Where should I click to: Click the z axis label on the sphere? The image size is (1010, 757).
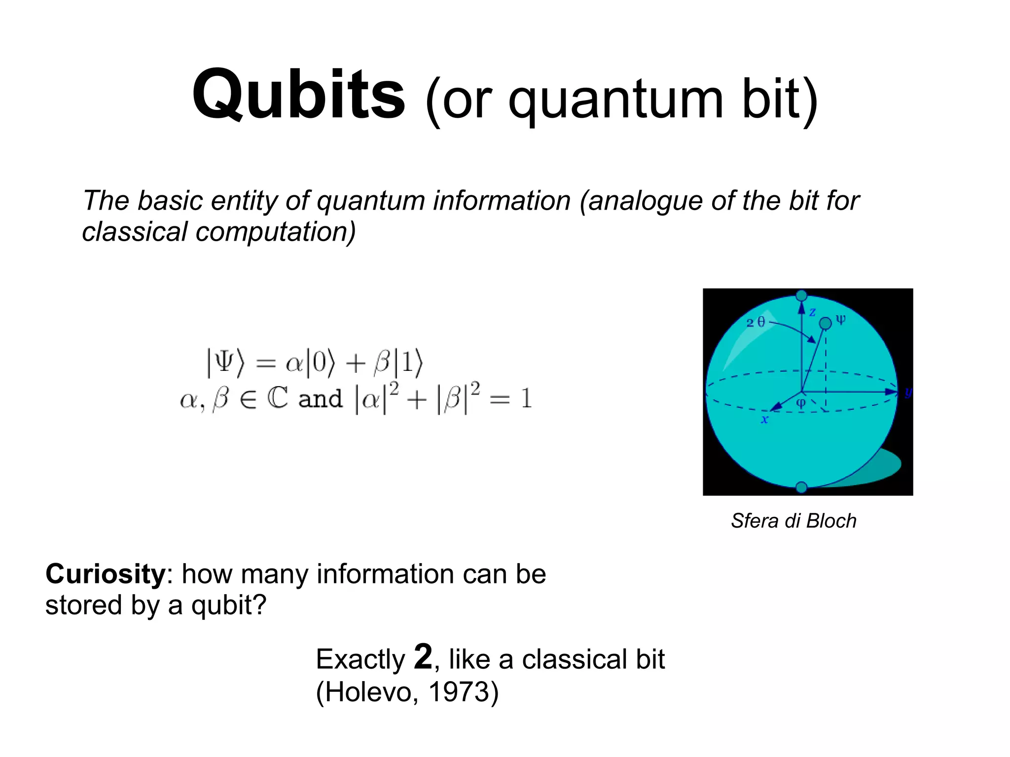coord(812,312)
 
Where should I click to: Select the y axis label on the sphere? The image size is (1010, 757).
coord(908,392)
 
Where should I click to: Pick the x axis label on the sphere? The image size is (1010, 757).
coord(764,419)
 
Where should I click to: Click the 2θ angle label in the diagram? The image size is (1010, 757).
coord(756,323)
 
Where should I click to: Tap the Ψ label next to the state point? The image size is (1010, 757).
coord(841,320)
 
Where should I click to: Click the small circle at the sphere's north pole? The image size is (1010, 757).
coord(801,295)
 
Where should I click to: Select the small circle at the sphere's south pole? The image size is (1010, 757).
coord(801,487)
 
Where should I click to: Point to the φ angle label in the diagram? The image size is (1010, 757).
coord(801,403)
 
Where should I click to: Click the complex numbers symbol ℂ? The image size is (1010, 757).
coord(277,398)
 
